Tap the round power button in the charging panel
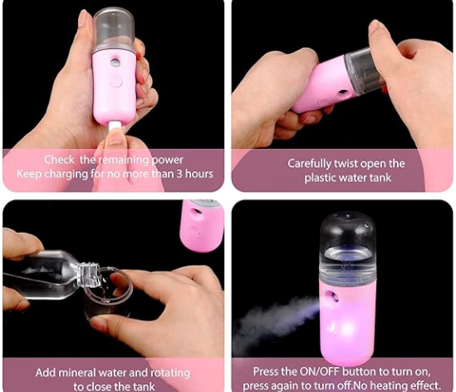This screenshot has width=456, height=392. tap(116, 81)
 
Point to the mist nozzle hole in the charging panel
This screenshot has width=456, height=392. tap(114, 62)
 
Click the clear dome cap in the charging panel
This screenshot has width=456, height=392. tap(114, 29)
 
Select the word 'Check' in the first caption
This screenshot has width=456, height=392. tap(59, 160)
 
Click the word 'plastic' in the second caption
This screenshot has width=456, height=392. tap(320, 177)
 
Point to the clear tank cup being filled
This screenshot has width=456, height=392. tap(108, 295)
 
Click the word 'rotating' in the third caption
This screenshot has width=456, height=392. tap(169, 374)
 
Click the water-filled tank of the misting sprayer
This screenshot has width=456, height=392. tap(348, 248)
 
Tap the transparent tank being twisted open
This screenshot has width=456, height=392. tap(364, 70)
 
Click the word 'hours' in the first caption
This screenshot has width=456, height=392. tap(199, 174)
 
